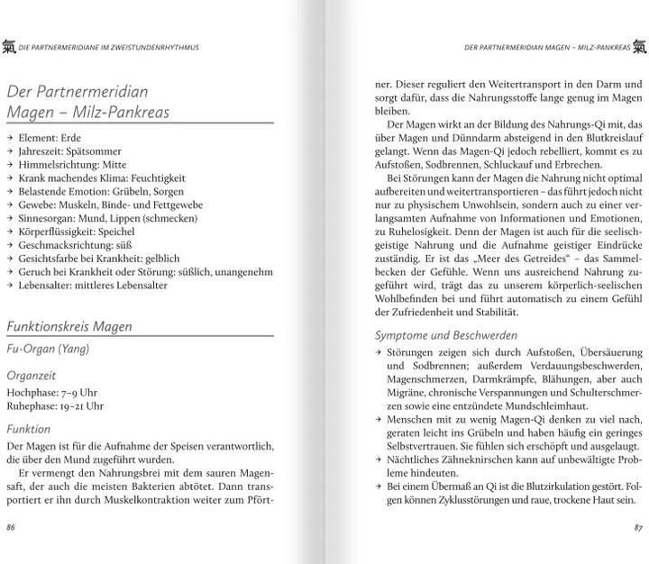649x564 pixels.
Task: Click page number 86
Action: click(x=11, y=524)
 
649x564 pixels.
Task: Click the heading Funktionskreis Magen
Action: click(x=69, y=302)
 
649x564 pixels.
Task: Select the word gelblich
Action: click(x=163, y=259)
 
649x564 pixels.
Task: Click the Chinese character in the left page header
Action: click(x=10, y=45)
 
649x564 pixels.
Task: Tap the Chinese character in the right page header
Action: click(x=639, y=45)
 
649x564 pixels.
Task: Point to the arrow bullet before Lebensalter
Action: click(x=9, y=286)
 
